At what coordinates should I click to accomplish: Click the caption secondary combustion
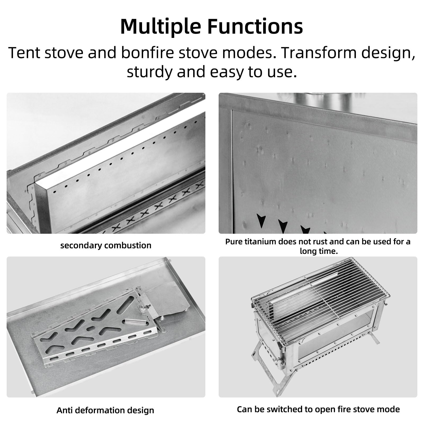pyautogui.click(x=106, y=245)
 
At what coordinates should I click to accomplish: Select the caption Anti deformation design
pyautogui.click(x=105, y=410)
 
